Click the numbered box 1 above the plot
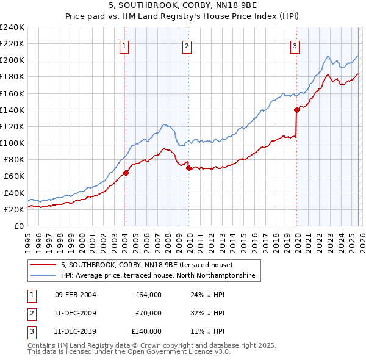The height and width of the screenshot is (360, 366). tap(124, 46)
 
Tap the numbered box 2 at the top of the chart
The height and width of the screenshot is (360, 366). tap(187, 46)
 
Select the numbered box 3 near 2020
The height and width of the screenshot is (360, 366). tap(295, 46)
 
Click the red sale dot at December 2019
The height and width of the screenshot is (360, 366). tap(296, 110)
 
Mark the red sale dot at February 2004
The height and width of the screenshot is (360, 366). tap(125, 173)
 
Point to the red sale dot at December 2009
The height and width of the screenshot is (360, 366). tap(188, 168)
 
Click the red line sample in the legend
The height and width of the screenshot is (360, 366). tap(44, 265)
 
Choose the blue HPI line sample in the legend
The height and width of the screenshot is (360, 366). tap(44, 276)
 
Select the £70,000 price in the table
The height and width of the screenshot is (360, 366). tap(148, 313)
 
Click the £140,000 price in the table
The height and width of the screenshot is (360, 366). tap(146, 331)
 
